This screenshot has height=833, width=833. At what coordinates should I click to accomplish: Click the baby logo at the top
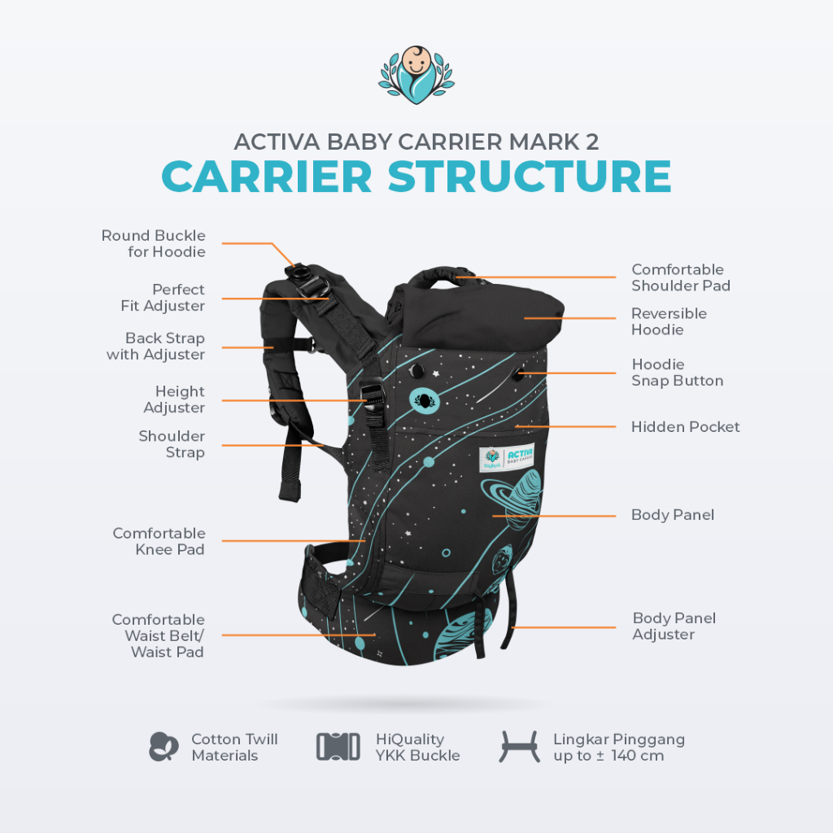[416, 76]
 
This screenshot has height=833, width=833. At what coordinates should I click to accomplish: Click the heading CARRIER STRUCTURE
[416, 177]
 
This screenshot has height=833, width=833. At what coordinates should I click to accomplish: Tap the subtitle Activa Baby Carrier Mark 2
[416, 142]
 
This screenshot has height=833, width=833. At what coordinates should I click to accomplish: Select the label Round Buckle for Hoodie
[154, 243]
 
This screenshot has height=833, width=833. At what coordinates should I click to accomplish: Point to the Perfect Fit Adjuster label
[162, 298]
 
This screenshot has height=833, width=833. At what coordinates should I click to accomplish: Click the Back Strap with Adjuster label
[156, 346]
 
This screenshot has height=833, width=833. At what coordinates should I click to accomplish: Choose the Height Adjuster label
[174, 399]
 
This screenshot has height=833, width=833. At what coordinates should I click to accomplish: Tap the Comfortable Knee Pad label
[159, 541]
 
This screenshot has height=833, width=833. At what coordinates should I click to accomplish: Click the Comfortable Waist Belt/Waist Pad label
[159, 635]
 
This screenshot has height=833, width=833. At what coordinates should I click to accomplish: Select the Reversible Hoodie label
[669, 321]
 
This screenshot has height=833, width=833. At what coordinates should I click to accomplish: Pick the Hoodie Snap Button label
[677, 373]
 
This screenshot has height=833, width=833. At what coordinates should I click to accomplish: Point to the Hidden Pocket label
[686, 426]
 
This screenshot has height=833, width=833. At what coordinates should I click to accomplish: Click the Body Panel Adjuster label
[674, 626]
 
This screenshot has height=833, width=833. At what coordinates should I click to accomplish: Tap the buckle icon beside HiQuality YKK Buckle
[338, 746]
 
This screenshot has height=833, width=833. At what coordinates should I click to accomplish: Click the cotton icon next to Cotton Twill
[164, 746]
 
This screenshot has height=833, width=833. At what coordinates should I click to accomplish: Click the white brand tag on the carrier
[507, 457]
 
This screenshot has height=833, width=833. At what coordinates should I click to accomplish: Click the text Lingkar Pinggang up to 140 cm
[619, 747]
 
